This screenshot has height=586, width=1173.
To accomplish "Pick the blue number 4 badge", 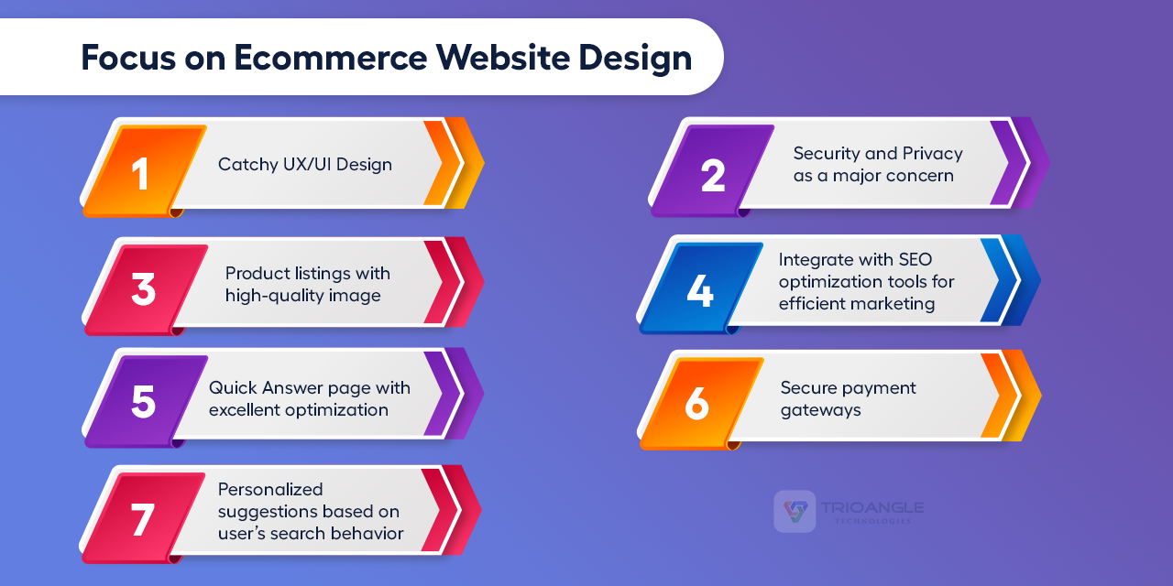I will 700,290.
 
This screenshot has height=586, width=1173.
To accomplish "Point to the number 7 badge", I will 142,518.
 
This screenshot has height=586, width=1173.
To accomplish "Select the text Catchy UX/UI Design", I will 304,165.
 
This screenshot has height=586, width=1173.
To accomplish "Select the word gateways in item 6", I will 820,409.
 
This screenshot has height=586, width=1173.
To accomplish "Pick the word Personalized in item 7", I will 270,490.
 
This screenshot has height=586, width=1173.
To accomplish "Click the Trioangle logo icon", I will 795,511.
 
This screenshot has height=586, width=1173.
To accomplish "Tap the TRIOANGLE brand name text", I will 872,507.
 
